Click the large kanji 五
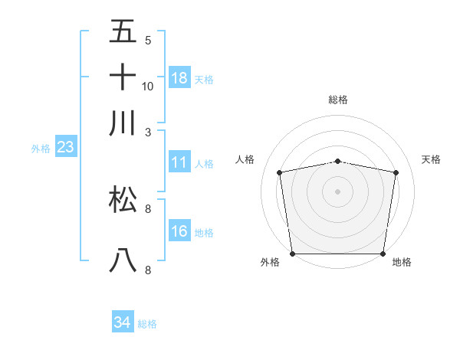click(x=123, y=31)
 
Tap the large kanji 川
click(x=123, y=123)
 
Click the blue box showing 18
click(x=179, y=78)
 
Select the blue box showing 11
click(x=179, y=162)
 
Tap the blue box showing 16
click(x=179, y=231)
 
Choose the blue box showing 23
click(x=65, y=148)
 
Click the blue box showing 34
click(x=122, y=323)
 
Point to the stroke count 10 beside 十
click(x=148, y=86)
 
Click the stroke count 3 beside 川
click(x=148, y=132)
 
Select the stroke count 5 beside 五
click(x=148, y=40)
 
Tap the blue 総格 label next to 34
click(x=147, y=324)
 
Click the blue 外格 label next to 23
click(x=40, y=149)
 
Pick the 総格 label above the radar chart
click(x=338, y=100)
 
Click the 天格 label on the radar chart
click(x=432, y=159)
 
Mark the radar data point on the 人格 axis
click(x=280, y=172)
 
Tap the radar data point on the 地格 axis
click(x=383, y=254)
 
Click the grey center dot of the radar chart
click(x=338, y=191)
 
